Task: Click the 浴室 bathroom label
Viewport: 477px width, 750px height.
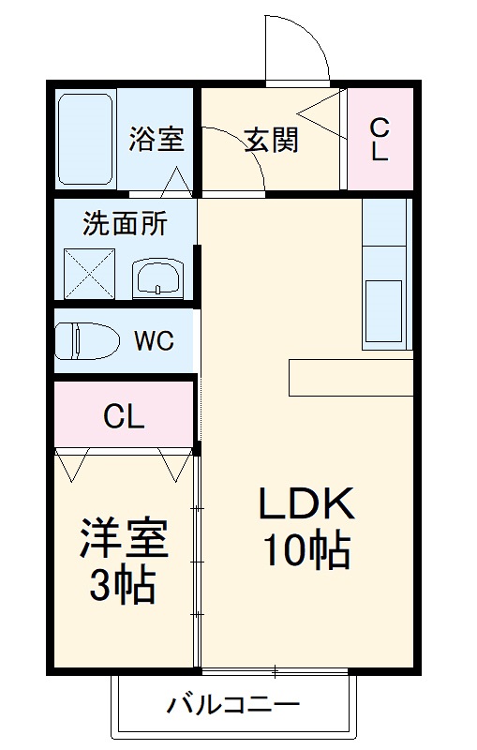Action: pos(156,140)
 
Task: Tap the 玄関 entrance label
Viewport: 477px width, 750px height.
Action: pos(272,140)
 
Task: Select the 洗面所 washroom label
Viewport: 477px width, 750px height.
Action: pos(125,224)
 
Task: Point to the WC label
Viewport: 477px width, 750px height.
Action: pos(153,340)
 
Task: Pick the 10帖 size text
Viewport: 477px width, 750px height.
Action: pos(306,552)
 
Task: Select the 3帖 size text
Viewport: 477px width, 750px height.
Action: pos(123,588)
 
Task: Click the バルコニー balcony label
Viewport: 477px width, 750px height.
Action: pos(233,704)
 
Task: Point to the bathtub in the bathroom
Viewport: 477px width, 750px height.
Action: pos(85,139)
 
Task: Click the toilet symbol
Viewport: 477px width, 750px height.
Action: pos(84,340)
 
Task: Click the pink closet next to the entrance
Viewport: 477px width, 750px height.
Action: pos(379,139)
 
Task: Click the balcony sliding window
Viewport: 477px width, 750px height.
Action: pos(275,670)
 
